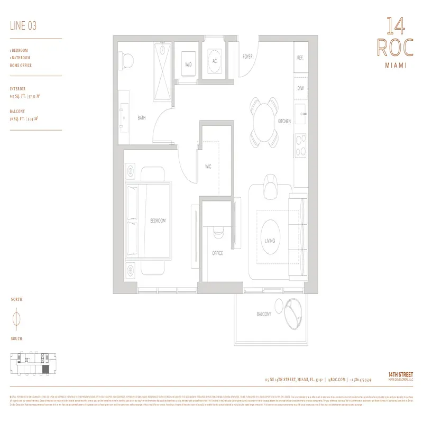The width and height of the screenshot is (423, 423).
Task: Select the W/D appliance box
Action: tap(188, 65)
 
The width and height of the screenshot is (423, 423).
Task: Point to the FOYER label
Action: tap(247, 57)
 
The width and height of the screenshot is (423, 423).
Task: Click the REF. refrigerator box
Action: tap(300, 58)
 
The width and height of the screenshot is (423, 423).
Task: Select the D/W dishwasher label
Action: tap(300, 88)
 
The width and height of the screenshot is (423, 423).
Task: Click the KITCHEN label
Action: tap(284, 122)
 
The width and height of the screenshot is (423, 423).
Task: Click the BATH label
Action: tap(141, 118)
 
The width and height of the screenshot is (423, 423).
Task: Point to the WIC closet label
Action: tap(208, 167)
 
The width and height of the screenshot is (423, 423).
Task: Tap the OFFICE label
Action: tap(217, 253)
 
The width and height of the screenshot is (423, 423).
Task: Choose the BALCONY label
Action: tap(264, 314)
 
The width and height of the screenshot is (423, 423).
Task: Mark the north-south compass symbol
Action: tap(16, 319)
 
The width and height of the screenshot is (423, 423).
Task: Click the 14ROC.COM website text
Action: tap(336, 380)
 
